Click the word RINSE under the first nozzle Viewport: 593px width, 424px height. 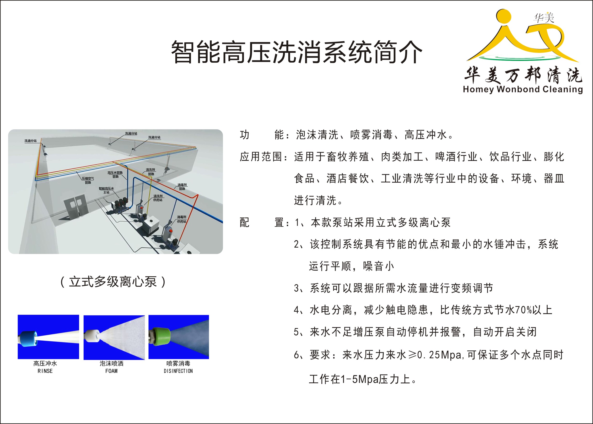coord(45,371)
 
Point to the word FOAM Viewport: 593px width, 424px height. coord(111,371)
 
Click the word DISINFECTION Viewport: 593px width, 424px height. coord(178,371)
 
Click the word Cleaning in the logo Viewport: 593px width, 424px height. coord(563,89)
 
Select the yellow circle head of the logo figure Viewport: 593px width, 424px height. coord(503,16)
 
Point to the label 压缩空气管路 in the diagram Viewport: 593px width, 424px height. coord(88,180)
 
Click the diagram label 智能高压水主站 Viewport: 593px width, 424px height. coord(106,190)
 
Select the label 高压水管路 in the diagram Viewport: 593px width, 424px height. coord(115,175)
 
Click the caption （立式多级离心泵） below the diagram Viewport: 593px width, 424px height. coord(113,282)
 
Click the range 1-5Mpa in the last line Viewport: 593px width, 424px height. coord(360,379)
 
